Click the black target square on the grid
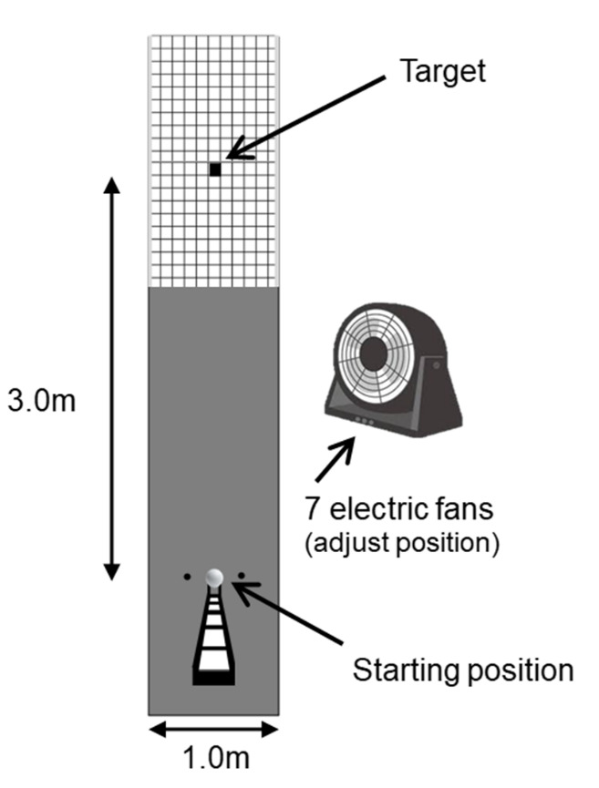pos(215,169)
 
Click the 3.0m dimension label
pos(41,401)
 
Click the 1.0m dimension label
pos(213,758)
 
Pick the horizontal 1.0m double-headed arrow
pos(213,729)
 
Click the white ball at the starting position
pos(214,577)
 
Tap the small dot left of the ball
pos(186,577)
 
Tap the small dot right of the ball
pos(243,577)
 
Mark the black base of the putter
pos(214,678)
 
